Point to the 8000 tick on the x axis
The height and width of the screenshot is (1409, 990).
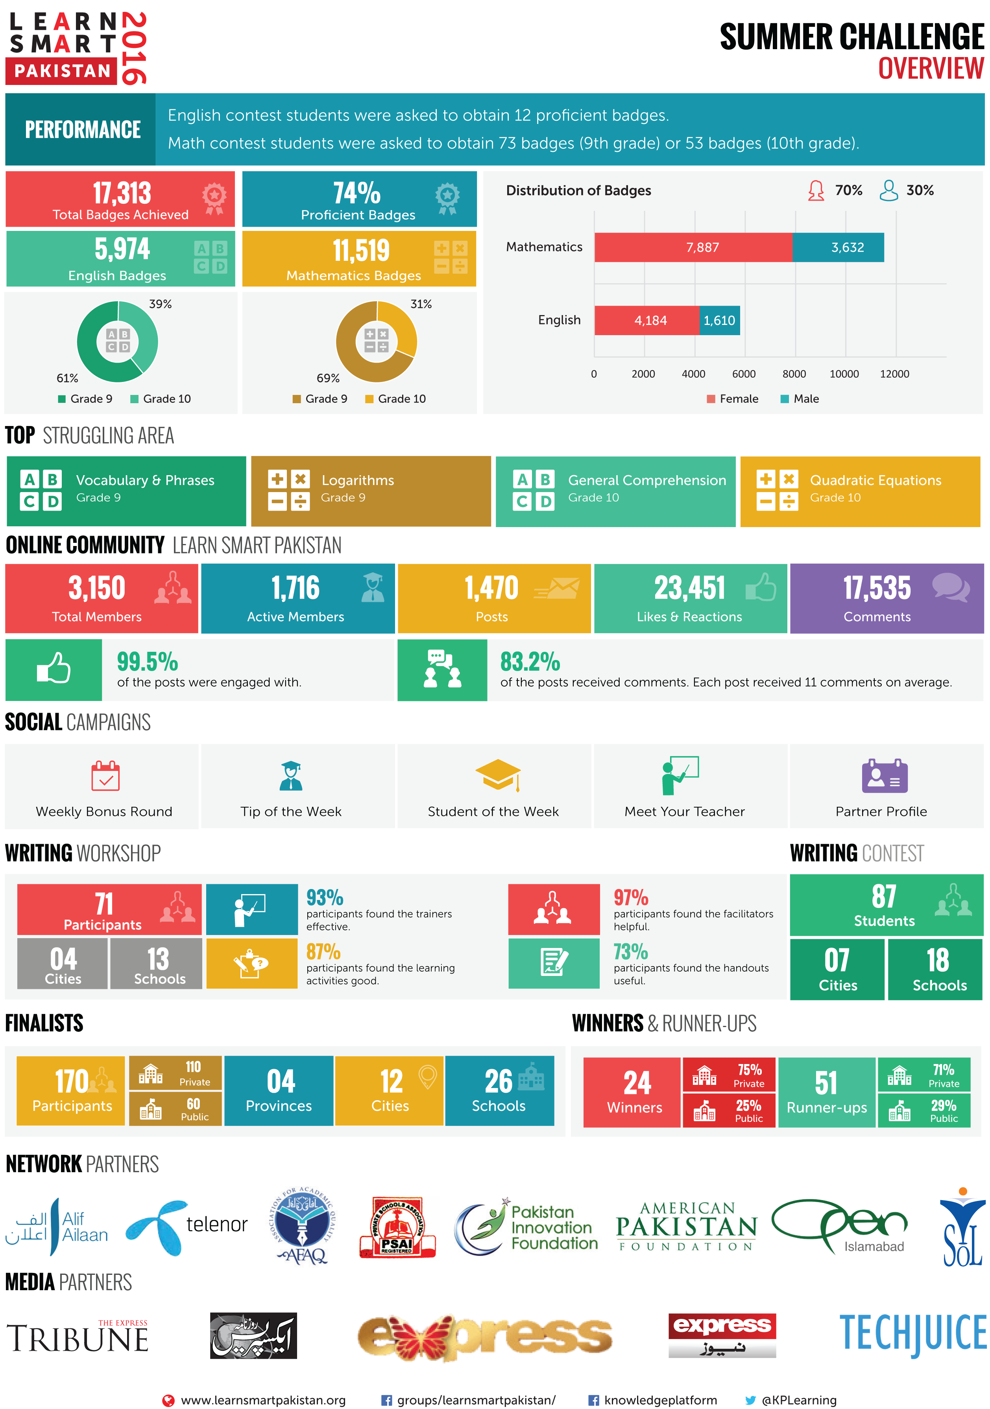pos(794,374)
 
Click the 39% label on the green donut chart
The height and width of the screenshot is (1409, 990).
pos(160,304)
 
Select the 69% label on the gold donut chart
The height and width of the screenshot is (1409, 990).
pos(328,378)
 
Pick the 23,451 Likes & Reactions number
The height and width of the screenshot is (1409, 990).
pos(689,588)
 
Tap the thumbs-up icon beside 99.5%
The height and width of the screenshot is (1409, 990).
pos(54,669)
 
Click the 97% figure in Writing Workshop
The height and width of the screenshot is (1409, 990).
pos(631,898)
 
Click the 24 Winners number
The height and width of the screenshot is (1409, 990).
pos(637,1084)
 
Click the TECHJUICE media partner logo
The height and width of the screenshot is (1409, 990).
pos(912,1333)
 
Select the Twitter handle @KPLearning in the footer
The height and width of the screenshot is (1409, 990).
pos(798,1400)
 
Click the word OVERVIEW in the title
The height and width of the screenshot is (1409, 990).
pos(931,68)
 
